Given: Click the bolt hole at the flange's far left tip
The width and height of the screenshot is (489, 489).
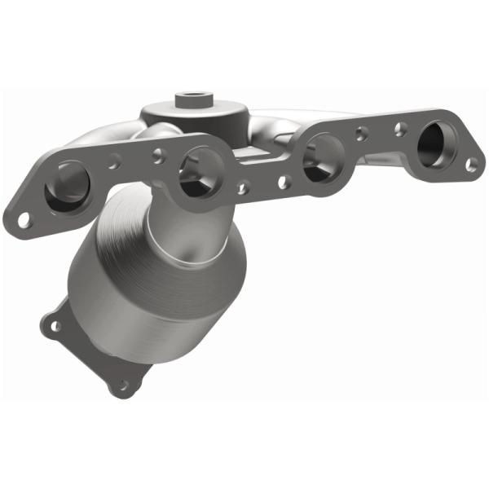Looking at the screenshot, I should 24,218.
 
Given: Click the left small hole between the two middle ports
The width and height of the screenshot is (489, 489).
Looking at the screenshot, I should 243,187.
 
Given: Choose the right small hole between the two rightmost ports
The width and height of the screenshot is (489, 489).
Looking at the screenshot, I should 400,128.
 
